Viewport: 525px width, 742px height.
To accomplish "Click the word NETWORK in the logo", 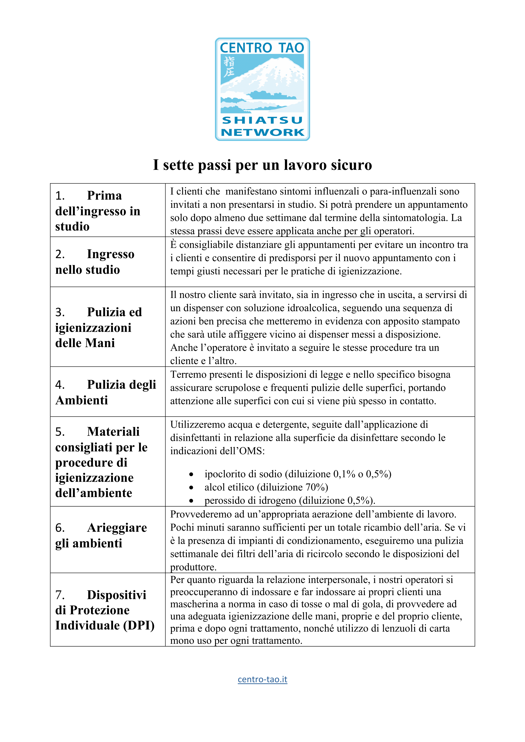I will click(262, 132).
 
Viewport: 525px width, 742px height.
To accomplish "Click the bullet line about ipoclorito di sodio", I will click(297, 474).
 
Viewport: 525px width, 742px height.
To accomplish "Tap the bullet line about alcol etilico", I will click(266, 487).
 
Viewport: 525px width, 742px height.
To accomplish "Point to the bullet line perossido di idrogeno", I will click(289, 501).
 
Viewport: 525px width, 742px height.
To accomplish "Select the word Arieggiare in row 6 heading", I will click(117, 528).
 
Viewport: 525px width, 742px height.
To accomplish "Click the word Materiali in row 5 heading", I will click(113, 432).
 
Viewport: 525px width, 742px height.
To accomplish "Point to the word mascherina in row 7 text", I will click(194, 604).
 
